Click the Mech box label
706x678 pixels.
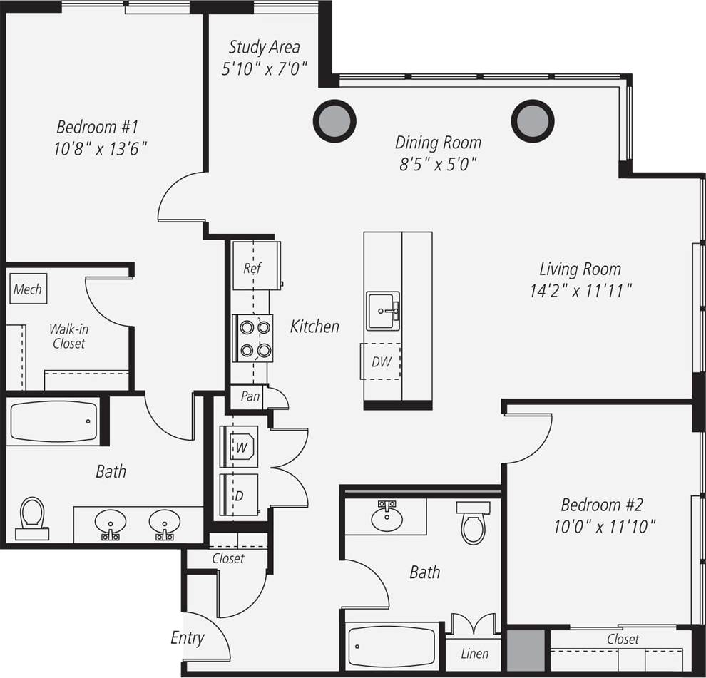tap(28, 289)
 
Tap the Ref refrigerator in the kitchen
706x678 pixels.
tap(255, 266)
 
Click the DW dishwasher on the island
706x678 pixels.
tap(381, 361)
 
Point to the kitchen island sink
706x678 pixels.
tap(383, 311)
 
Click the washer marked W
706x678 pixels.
tap(240, 447)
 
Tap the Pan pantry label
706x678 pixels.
tap(250, 396)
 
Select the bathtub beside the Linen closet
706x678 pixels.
tap(393, 647)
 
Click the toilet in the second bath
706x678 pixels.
tap(473, 523)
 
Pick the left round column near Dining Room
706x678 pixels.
tap(334, 120)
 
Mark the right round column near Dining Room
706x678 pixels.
tap(532, 120)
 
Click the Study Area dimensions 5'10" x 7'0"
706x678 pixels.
tap(264, 68)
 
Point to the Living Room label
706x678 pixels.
tap(580, 269)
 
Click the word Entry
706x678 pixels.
tap(188, 638)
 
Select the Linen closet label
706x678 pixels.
tap(474, 654)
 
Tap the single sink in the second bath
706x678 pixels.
tap(387, 517)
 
